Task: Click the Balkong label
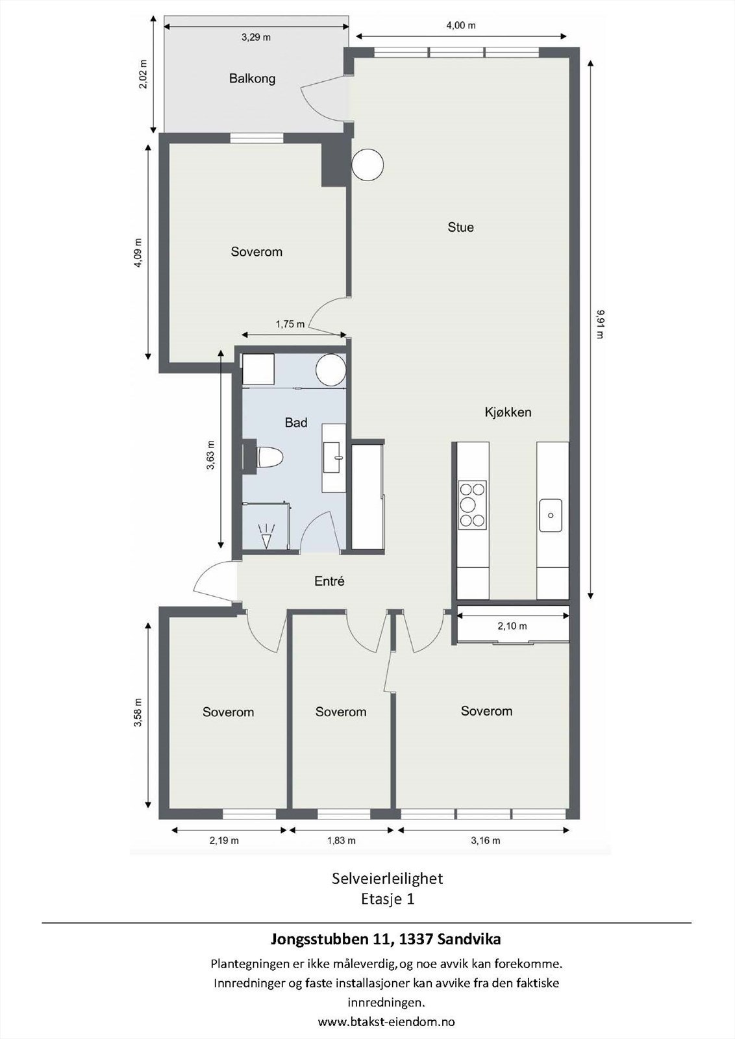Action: pos(252,79)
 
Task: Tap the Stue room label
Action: pos(460,227)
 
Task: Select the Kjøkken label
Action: pos(508,412)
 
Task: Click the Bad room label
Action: pos(296,423)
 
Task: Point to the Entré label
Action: pos(329,582)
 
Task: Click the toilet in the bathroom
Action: pos(269,457)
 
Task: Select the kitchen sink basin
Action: pos(551,515)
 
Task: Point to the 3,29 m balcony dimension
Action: pos(256,37)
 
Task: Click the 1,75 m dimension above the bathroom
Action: pos(290,324)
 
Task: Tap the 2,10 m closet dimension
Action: pos(512,627)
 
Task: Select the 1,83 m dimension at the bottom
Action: pos(341,840)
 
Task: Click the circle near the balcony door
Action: pos(367,164)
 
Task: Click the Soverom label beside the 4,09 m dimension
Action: pos(256,252)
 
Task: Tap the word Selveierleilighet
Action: pos(387,879)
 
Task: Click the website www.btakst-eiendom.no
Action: pos(386,1021)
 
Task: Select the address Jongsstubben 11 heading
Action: pos(386,939)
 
